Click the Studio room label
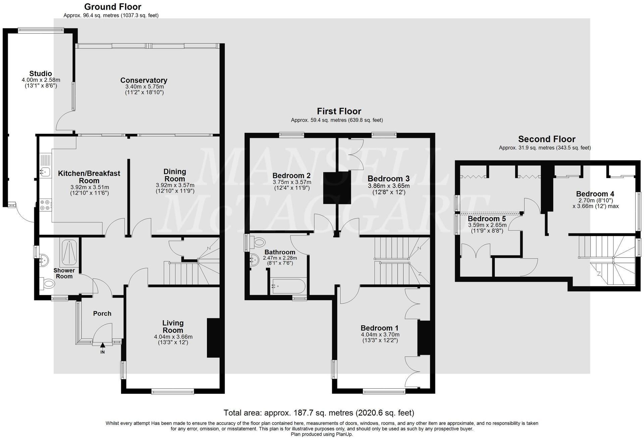[x=41, y=73]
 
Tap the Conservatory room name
[x=144, y=80]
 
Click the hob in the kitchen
[x=46, y=205]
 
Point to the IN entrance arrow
[x=102, y=345]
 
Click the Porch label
[x=102, y=314]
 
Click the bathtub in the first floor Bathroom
[x=288, y=286]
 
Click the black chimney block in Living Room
[x=213, y=338]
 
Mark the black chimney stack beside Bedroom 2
[x=337, y=187]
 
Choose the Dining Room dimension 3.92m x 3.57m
[x=175, y=185]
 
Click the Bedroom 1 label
[x=379, y=328]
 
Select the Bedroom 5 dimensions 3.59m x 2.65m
[x=487, y=225]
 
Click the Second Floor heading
[x=546, y=139]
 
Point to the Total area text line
[x=319, y=412]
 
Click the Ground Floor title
[x=112, y=7]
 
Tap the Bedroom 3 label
[x=388, y=179]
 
